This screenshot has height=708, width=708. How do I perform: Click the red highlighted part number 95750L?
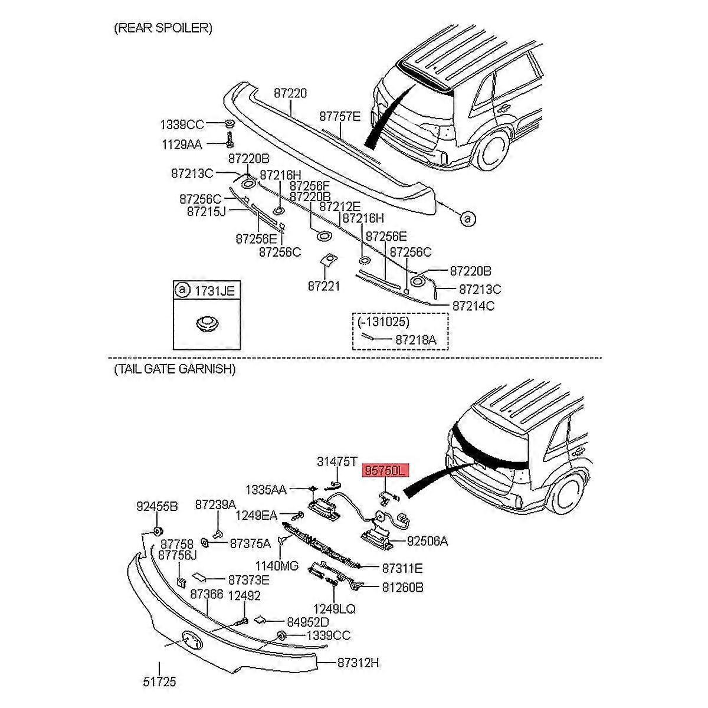385,470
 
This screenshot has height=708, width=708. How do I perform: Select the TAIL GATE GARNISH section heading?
174,369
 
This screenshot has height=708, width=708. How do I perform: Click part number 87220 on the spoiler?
290,93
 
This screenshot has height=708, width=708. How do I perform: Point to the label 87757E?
339,116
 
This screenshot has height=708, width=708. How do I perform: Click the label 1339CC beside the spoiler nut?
182,124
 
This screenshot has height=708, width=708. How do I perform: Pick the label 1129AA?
182,143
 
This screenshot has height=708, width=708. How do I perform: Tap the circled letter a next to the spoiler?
467,218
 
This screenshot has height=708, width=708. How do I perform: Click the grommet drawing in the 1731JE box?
206,323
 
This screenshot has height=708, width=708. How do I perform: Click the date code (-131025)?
383,322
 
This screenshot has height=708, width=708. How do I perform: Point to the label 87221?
323,286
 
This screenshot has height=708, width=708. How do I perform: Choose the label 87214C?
473,306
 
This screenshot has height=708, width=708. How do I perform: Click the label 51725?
159,682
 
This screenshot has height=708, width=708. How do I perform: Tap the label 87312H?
358,663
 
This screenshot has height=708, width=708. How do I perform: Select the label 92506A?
427,540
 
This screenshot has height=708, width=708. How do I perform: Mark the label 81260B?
402,587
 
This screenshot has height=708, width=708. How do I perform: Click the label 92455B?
157,506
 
